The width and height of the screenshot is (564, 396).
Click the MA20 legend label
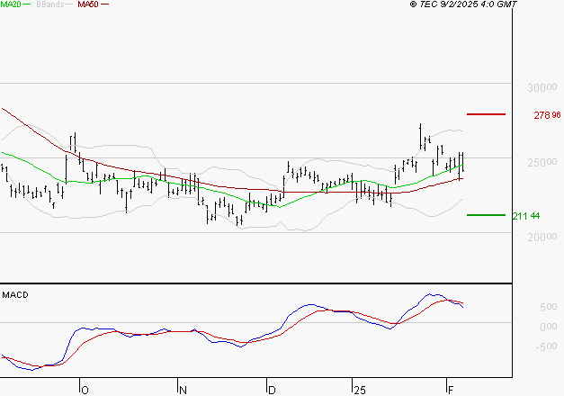(12, 4)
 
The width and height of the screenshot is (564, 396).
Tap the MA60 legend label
(88, 4)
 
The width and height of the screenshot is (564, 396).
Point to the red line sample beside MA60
(105, 4)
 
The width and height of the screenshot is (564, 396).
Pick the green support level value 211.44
(525, 216)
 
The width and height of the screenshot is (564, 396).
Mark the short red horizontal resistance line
(487, 114)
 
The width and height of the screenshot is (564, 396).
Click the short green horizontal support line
(487, 215)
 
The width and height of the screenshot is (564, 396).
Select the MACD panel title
(15, 294)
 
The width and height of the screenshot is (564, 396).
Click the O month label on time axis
(85, 390)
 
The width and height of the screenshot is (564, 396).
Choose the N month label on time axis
(183, 390)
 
